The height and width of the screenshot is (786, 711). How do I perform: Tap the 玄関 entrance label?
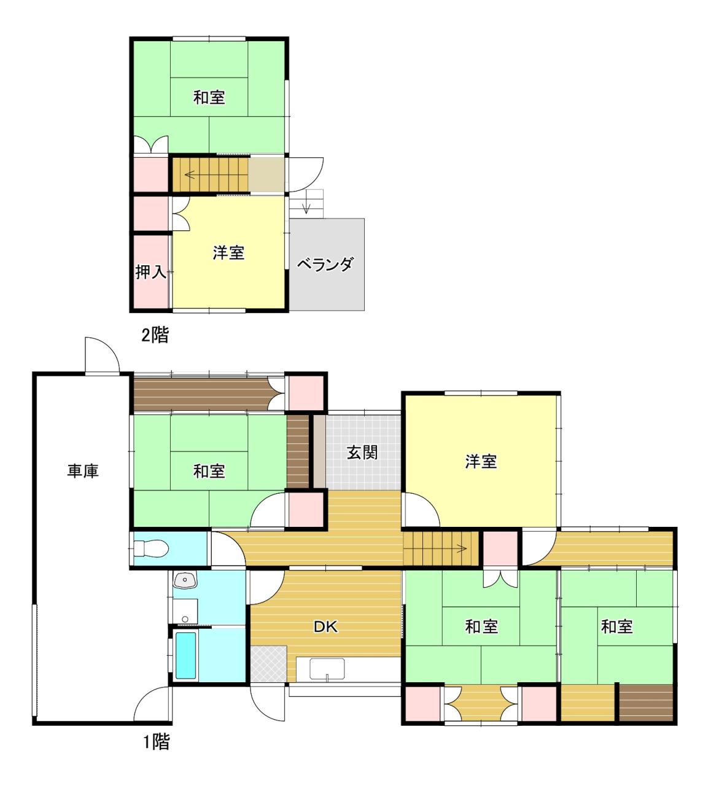pos(362,453)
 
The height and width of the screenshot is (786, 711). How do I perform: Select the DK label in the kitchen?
pos(325,627)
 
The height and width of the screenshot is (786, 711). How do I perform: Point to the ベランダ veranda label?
pos(325,265)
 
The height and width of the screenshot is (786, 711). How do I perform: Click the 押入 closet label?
pos(150,271)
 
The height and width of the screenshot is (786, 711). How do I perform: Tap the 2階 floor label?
pos(155,335)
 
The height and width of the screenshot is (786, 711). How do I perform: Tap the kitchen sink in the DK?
pos(327,669)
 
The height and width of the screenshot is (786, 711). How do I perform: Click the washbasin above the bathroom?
pos(185,580)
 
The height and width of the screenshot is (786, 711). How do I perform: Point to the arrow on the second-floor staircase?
pos(190,174)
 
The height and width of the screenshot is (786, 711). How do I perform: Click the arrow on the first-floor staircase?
pos(461,548)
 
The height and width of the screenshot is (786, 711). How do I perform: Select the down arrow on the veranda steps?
pos(306,208)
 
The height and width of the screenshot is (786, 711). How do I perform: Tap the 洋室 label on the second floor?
pos(228,253)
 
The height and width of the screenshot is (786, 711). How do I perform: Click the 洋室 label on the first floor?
pos(481,462)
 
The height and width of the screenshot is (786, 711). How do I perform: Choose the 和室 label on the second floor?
pos(209,97)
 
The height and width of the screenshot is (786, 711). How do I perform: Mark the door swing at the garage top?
pos(103,355)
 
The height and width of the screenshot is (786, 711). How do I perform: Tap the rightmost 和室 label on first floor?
pos(617,626)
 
